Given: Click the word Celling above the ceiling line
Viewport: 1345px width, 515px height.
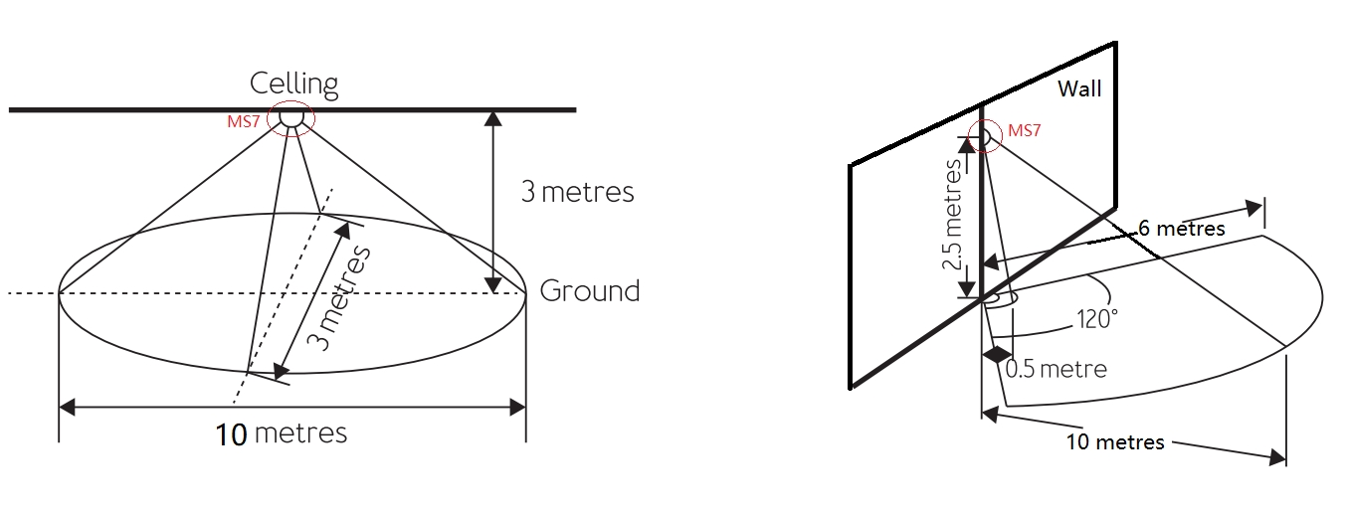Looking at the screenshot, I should pos(293,84).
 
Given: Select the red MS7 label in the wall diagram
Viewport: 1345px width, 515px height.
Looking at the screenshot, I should pos(1024,130).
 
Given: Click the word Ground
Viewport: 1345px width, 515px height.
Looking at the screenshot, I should pos(589,291).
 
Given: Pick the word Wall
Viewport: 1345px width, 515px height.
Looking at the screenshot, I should pos(1078,89).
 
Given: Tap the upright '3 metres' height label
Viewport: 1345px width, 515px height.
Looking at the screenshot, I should pos(577,191).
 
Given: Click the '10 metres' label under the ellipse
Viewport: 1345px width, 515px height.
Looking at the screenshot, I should pos(282,433).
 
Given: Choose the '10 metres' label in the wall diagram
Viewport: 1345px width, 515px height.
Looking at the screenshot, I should pos(1114,441).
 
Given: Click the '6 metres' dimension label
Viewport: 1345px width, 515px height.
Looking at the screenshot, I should pos(1182,228).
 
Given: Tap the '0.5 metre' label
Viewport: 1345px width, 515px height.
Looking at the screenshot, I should pos(1056,369).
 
